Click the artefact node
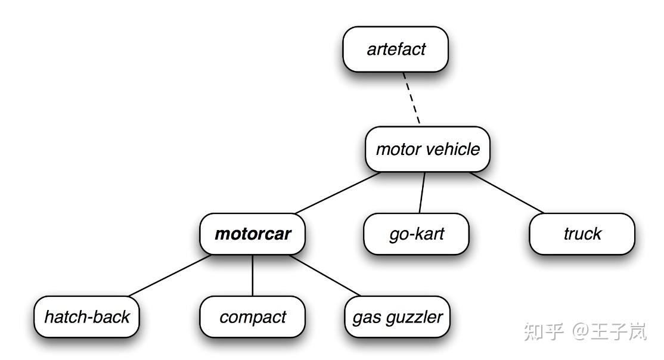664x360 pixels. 395,49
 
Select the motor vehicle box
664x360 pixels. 427,149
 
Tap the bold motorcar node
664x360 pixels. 252,234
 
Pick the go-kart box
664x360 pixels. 416,234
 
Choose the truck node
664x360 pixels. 582,234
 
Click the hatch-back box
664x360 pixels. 86,317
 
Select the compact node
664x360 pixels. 252,317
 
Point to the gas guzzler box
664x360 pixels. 397,317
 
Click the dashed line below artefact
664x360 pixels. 411,98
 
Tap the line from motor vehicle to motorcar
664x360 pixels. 337,193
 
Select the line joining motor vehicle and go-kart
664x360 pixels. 422,193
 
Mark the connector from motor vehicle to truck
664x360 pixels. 507,193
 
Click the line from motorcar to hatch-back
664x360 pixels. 170,275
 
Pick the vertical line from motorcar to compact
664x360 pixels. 252,275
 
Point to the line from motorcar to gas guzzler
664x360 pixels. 325,275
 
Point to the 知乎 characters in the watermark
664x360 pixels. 544,331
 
